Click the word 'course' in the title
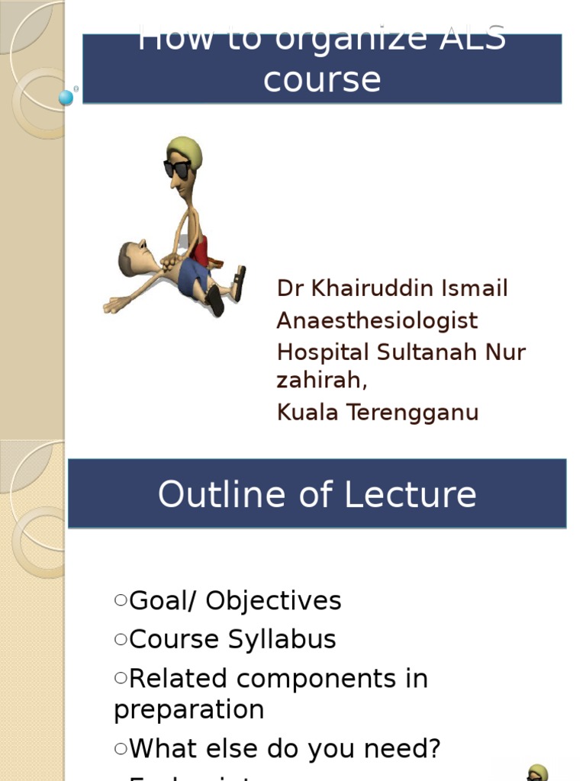click(321, 79)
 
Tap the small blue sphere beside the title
click(66, 98)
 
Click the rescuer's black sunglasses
click(177, 169)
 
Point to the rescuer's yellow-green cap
click(186, 149)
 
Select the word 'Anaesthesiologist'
click(377, 320)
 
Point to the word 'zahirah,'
click(321, 380)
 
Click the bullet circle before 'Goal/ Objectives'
click(121, 601)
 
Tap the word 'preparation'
click(188, 710)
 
